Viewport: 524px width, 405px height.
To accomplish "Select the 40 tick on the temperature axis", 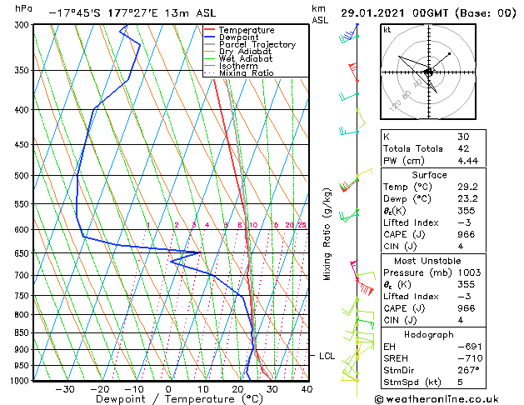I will click(x=307, y=388).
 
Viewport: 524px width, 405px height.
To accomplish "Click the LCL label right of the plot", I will click(x=327, y=356).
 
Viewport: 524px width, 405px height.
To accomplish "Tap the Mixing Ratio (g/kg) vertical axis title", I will click(x=328, y=233).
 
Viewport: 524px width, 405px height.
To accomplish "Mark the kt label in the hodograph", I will click(x=387, y=29).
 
